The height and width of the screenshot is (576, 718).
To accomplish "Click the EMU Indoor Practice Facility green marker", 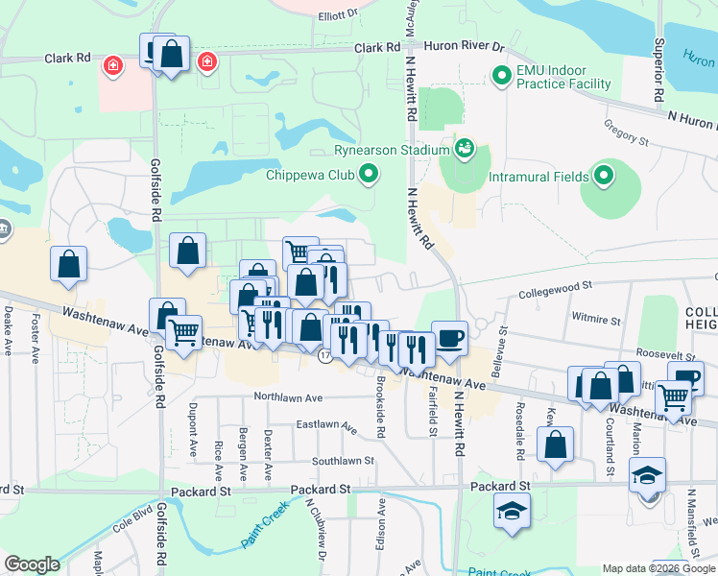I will coord(500,74).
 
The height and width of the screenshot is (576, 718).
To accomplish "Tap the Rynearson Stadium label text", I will coord(392,150).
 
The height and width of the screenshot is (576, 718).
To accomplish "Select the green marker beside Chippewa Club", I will coord(369,174).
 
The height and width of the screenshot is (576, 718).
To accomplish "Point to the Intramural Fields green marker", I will coord(604,176).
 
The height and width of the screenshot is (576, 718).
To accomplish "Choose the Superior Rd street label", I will coord(660,72).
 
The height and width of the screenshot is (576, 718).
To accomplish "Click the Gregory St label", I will coord(626,132).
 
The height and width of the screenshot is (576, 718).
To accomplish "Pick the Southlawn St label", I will coord(342,461).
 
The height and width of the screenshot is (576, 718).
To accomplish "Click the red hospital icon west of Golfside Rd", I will coord(113,64).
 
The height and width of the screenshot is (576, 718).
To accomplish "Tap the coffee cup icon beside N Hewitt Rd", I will coord(449,338).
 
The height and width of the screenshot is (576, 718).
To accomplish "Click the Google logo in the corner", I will coord(33,564).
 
